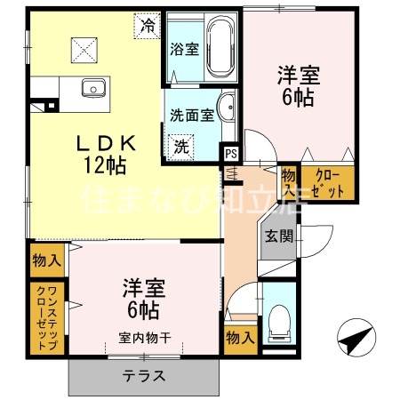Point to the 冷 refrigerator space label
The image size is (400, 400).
(x=148, y=26)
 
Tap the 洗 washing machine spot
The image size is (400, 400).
(x=181, y=145)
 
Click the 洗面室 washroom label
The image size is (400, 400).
(x=191, y=114)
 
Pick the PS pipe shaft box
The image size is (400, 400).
(x=230, y=153)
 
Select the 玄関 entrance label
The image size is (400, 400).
(x=277, y=237)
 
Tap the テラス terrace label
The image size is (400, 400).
(x=145, y=374)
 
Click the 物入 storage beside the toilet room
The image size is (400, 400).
(x=239, y=338)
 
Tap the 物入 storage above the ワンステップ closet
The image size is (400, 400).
(x=46, y=260)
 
